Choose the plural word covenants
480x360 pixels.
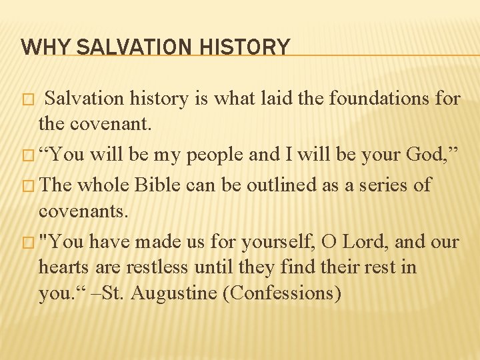83,211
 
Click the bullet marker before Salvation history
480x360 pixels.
27,99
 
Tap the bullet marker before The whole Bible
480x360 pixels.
27,185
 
